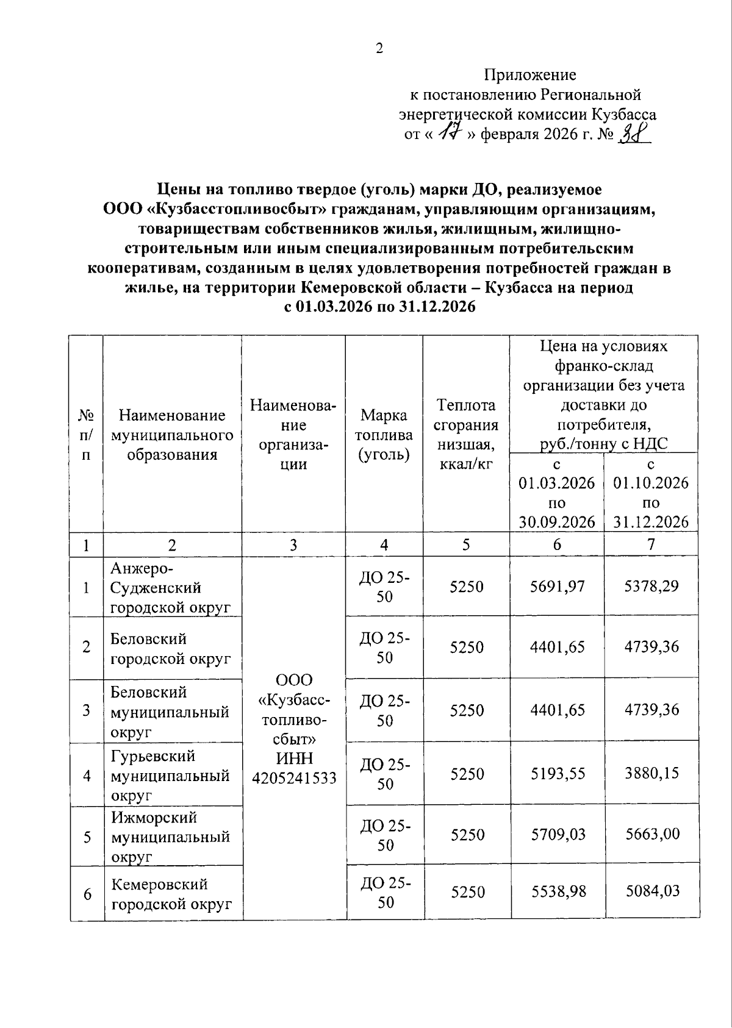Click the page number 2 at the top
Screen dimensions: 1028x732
(379, 49)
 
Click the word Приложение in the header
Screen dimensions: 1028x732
(529, 75)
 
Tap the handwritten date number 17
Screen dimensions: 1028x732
(451, 132)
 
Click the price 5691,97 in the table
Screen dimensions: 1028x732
(557, 587)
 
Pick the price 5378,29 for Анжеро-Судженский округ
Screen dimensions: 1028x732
(651, 587)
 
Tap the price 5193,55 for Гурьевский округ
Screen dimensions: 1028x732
(558, 774)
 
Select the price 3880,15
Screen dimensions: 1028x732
(652, 773)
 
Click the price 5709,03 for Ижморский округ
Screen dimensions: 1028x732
(558, 834)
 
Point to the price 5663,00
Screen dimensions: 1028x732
(652, 834)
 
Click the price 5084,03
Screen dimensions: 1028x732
(652, 891)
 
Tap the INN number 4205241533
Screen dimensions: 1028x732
(294, 778)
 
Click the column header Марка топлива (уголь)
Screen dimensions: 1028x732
(384, 435)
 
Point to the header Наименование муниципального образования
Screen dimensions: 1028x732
(172, 435)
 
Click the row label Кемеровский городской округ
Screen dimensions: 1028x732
(171, 894)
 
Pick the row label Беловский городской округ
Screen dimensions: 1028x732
(171, 649)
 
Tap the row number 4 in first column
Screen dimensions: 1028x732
(87, 776)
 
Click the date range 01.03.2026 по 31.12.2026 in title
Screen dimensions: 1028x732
(379, 307)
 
